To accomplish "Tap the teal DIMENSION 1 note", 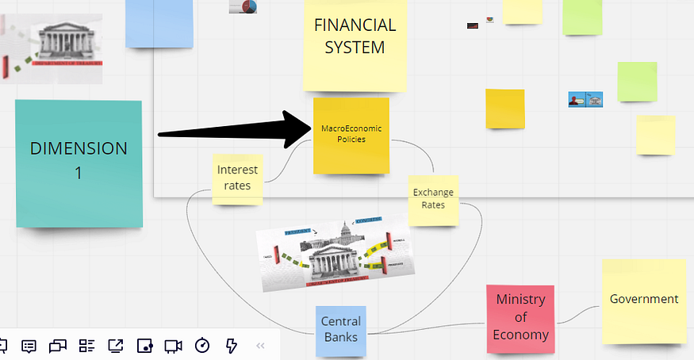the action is click(x=79, y=163).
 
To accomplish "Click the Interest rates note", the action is click(x=237, y=178).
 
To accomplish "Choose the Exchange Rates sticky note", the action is click(x=433, y=199).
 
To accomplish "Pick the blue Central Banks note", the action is click(x=341, y=328).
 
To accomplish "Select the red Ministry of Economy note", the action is click(x=520, y=316).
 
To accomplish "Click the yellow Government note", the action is click(x=643, y=300).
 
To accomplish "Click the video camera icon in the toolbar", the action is click(x=173, y=346).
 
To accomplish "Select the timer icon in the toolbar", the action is click(x=202, y=346).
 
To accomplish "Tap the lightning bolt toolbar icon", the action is click(x=232, y=346).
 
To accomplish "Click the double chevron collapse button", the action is click(x=260, y=346).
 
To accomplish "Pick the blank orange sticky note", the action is click(x=505, y=109).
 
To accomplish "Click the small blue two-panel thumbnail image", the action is click(x=585, y=100).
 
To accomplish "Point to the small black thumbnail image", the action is click(x=472, y=25).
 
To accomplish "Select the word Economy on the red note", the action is click(x=520, y=334).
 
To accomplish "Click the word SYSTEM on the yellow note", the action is click(x=355, y=48).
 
